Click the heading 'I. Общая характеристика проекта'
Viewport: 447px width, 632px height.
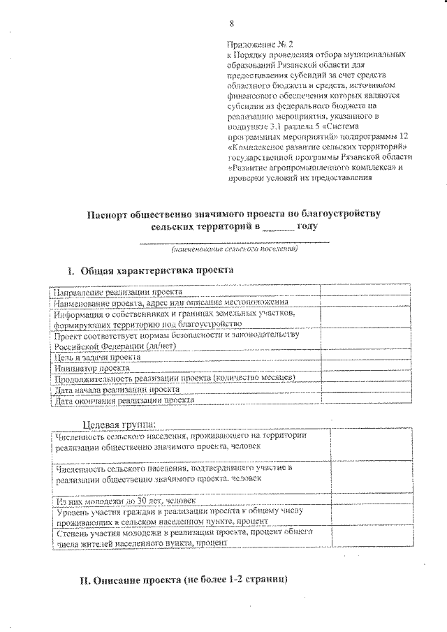149,270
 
